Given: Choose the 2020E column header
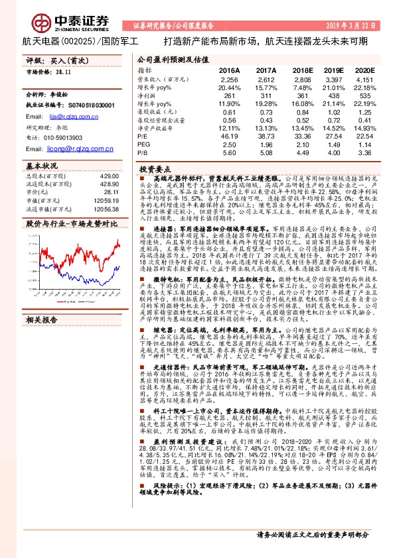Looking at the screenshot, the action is point(364,69).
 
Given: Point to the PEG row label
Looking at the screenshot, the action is point(143,144).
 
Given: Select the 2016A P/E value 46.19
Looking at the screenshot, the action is point(229,136).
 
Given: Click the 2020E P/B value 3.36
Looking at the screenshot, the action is point(365,153).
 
